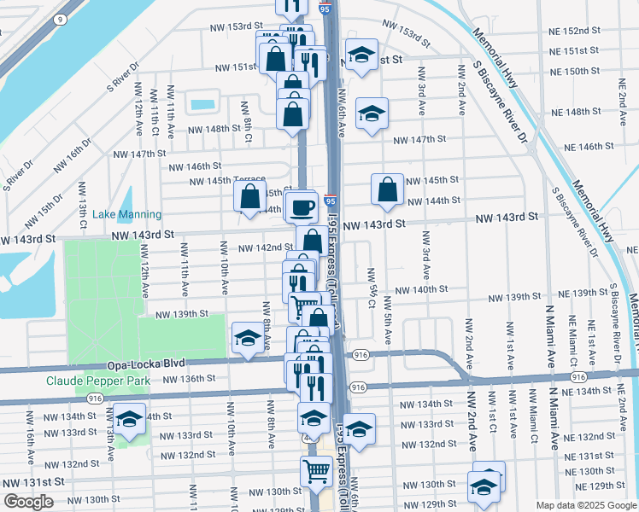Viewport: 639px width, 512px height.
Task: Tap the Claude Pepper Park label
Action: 98,381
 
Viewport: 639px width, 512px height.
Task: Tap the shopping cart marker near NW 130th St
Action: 316,470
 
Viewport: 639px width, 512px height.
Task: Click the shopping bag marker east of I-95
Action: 388,189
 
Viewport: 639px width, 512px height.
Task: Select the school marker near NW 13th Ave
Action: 130,420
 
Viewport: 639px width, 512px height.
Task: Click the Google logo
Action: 28,502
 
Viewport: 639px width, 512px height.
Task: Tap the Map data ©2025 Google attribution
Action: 586,505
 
